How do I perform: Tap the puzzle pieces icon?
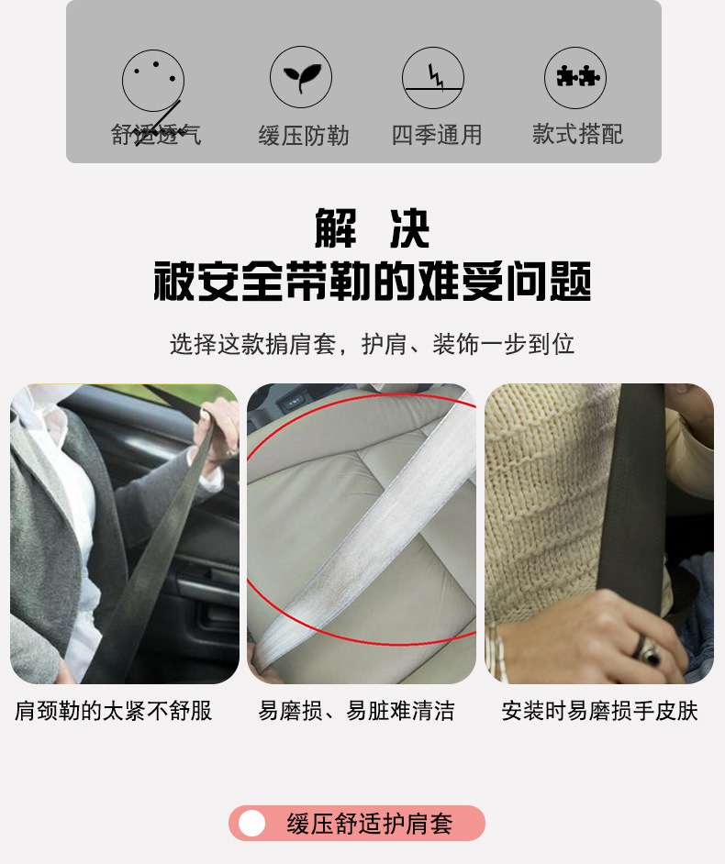[575, 78]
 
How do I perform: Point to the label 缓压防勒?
[304, 137]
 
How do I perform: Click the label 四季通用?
[437, 136]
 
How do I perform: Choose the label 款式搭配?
[577, 135]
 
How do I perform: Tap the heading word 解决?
[372, 228]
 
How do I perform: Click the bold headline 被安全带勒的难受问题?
[372, 282]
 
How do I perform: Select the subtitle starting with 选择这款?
[372, 345]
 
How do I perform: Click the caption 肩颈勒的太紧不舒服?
[114, 711]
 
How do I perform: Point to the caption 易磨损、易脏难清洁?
[356, 711]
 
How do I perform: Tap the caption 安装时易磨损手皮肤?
[599, 711]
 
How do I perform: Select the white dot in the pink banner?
[251, 824]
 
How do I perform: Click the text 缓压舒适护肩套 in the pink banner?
[370, 824]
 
